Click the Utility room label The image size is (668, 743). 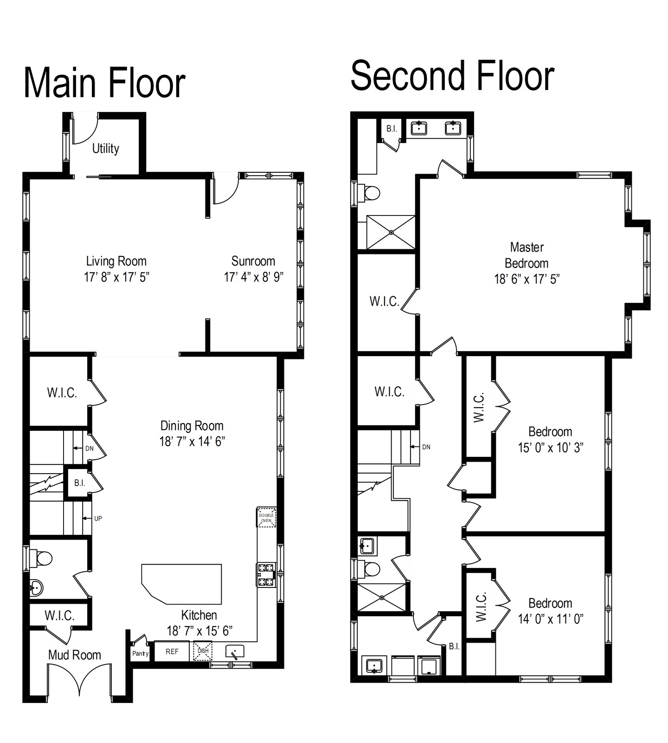(x=106, y=149)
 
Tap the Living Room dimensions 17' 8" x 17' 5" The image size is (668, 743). (x=116, y=277)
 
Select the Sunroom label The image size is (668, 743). (x=253, y=261)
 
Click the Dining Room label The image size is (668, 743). (x=192, y=426)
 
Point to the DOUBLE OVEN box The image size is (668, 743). (x=266, y=517)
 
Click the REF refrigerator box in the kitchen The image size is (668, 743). (x=172, y=652)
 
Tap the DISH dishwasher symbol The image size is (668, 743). (x=203, y=651)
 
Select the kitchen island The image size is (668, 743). (x=182, y=584)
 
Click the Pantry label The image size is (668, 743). (x=140, y=654)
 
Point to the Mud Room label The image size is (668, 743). (x=75, y=655)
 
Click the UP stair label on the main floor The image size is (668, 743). (x=98, y=518)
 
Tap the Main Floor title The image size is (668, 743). (x=104, y=83)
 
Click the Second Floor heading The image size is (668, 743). (x=452, y=76)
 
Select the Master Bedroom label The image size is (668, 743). (x=527, y=255)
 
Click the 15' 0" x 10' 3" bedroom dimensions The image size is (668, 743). (x=551, y=448)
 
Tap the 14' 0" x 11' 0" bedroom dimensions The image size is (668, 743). (x=551, y=619)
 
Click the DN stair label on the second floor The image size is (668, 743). (x=426, y=447)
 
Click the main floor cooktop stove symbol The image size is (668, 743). (x=266, y=574)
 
